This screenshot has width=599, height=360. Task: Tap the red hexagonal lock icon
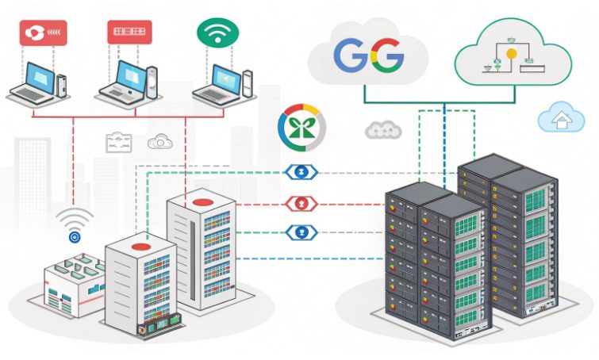click(302, 203)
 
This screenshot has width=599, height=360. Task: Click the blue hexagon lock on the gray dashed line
click(302, 172)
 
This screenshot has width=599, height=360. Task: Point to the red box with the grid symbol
click(129, 32)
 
